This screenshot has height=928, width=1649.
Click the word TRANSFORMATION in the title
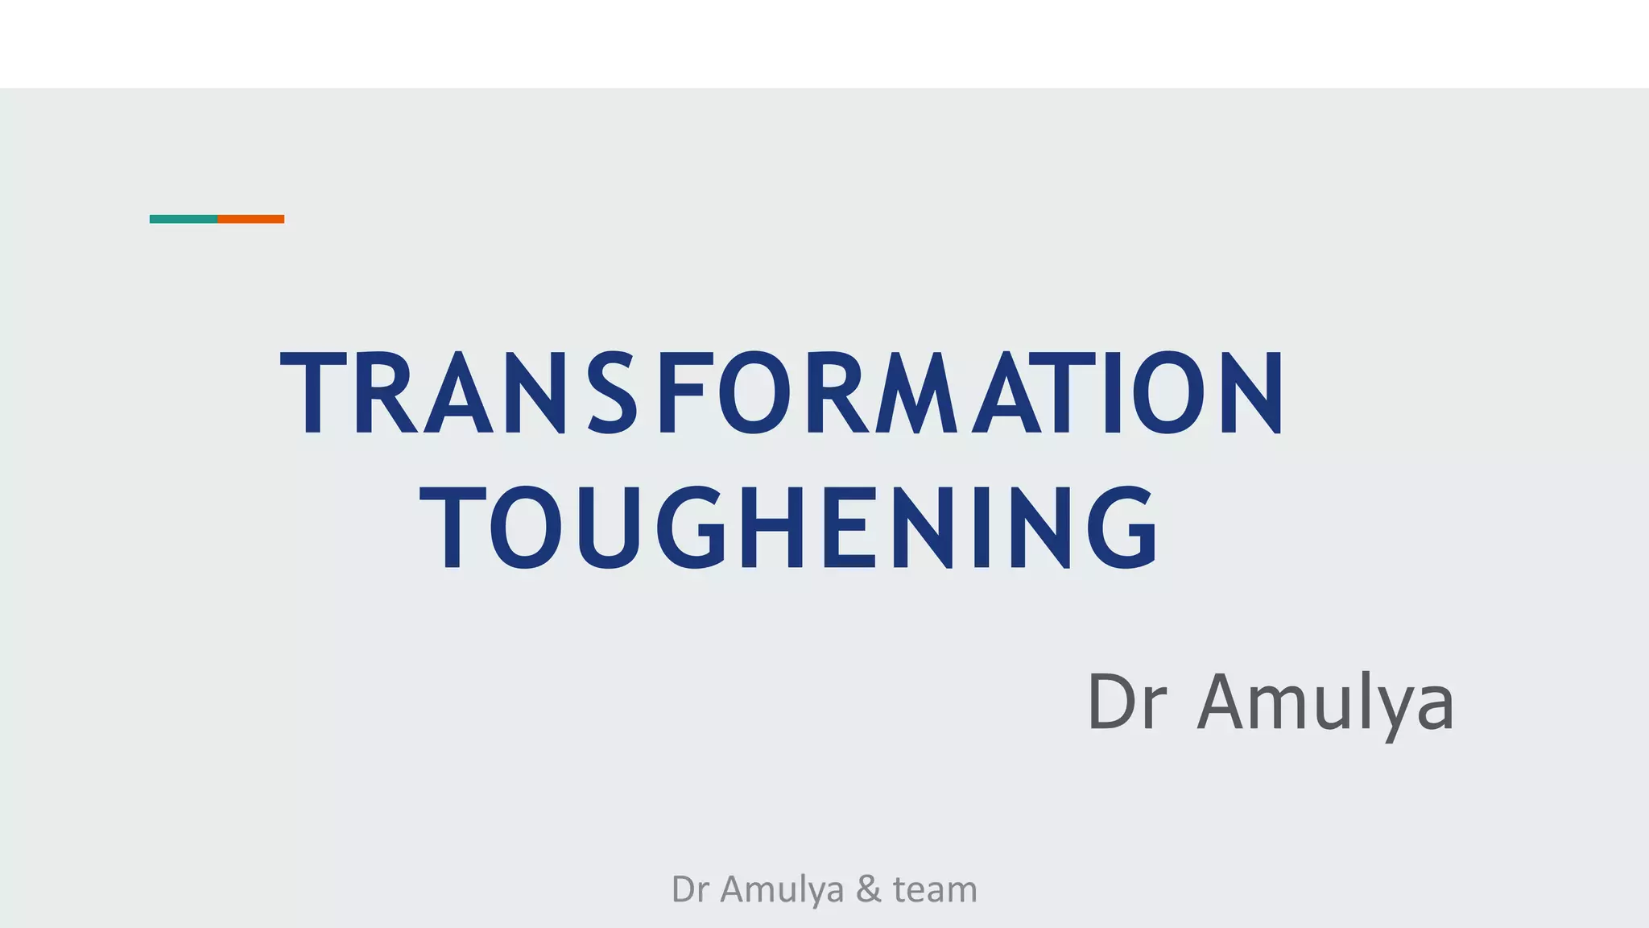coord(781,392)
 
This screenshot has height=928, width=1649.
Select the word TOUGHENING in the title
coord(789,528)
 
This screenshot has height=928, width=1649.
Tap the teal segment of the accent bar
coord(184,219)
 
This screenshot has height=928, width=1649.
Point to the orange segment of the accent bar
coord(251,219)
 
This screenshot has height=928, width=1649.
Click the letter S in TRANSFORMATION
coord(614,392)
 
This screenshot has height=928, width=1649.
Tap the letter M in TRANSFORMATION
coord(918,392)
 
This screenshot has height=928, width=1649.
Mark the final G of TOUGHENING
coord(1122,528)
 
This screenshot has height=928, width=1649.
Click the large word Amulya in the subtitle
coord(1325,702)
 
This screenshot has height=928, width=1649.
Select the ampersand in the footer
coord(868,889)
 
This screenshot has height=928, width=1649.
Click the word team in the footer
coord(935,889)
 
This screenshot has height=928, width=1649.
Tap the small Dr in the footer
coord(689,889)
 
